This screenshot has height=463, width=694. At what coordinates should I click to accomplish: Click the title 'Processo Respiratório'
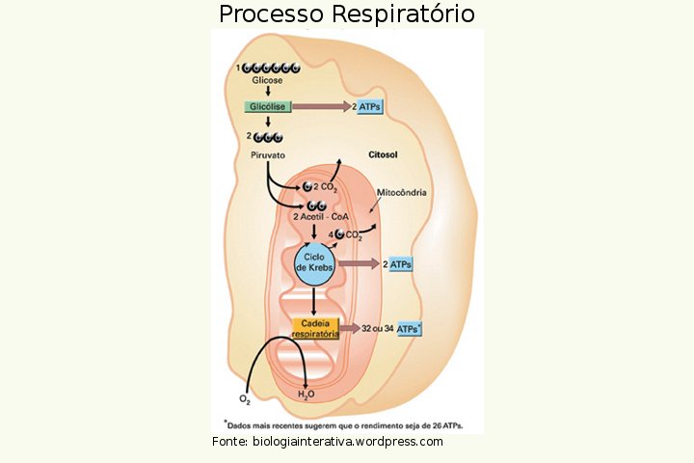pyautogui.click(x=346, y=14)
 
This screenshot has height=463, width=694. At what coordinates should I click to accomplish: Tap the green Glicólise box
pyautogui.click(x=267, y=107)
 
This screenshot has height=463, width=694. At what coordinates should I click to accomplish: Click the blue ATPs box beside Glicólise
pyautogui.click(x=370, y=107)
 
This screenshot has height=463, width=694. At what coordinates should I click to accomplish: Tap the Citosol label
pyautogui.click(x=383, y=155)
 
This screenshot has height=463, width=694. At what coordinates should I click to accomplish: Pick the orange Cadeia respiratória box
pyautogui.click(x=314, y=328)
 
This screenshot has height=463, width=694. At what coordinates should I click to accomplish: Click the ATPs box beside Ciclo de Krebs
pyautogui.click(x=400, y=264)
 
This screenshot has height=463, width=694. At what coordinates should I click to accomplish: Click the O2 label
pyautogui.click(x=245, y=398)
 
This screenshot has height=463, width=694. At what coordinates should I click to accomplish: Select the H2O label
pyautogui.click(x=306, y=395)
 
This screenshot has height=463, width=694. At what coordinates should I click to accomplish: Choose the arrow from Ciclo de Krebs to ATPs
pyautogui.click(x=359, y=264)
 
